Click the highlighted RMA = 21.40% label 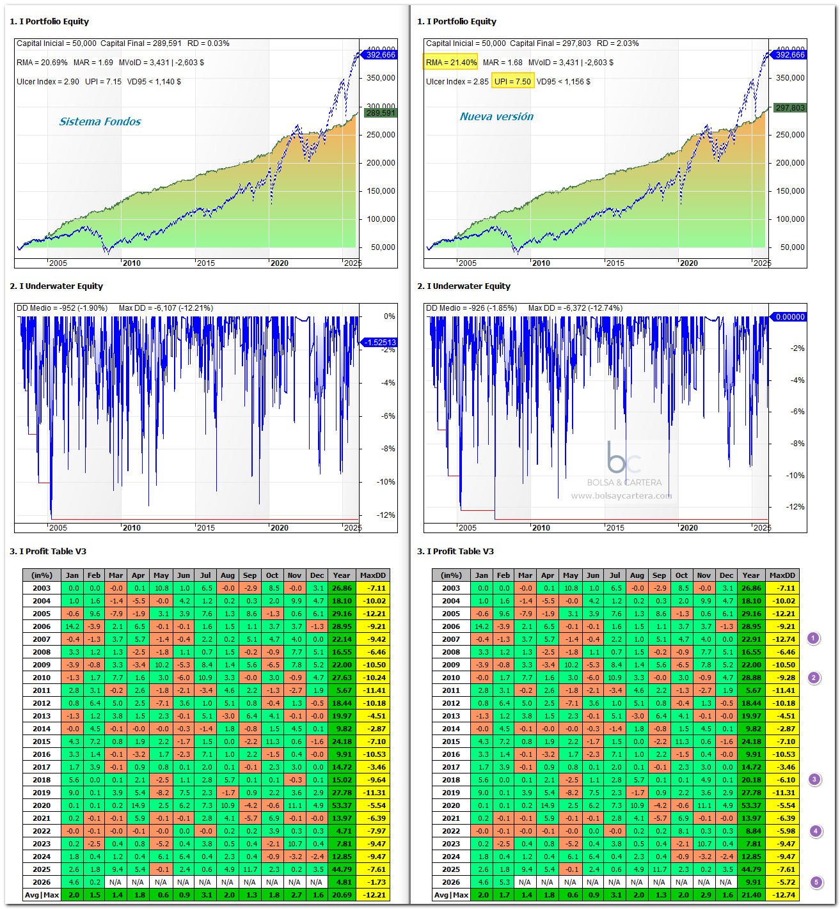450,62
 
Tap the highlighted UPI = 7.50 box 512,81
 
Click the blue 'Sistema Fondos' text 100,121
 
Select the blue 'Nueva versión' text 496,116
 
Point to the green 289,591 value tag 381,113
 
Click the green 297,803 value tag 789,107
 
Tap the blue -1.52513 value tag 379,343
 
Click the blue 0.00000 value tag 788,316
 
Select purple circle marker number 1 813,639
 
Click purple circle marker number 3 814,779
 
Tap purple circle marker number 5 816,882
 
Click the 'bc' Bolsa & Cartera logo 622,457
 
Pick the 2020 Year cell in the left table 342,805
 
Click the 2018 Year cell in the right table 750,780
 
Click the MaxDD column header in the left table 372,575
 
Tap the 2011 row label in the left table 41,690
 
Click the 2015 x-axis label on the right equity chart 615,263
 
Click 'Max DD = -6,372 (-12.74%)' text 575,308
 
